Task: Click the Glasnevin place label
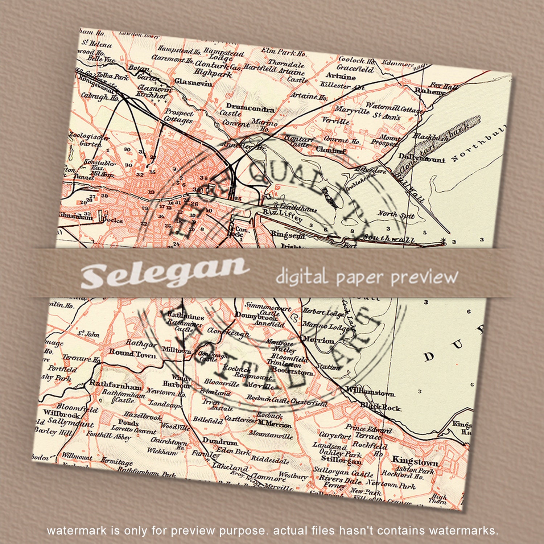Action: pyautogui.click(x=193, y=82)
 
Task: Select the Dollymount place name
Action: pyautogui.click(x=421, y=158)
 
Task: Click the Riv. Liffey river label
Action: pyautogui.click(x=282, y=215)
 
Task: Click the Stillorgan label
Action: pyautogui.click(x=341, y=461)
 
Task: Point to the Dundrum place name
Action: pyautogui.click(x=220, y=442)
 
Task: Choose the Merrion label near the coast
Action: pyautogui.click(x=318, y=340)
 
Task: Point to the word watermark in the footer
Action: pyautogui.click(x=77, y=531)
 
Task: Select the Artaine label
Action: pyautogui.click(x=341, y=76)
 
